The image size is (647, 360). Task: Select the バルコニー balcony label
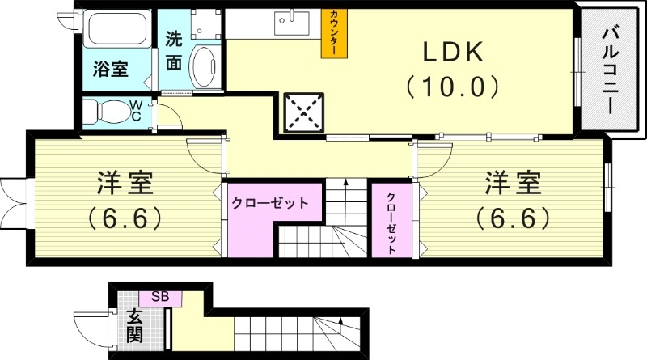click(610, 70)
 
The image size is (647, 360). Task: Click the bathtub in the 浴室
click(114, 31)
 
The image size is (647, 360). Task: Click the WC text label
click(137, 110)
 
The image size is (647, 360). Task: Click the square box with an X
click(303, 112)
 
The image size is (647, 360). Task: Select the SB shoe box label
click(159, 298)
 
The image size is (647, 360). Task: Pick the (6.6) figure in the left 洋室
click(125, 218)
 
